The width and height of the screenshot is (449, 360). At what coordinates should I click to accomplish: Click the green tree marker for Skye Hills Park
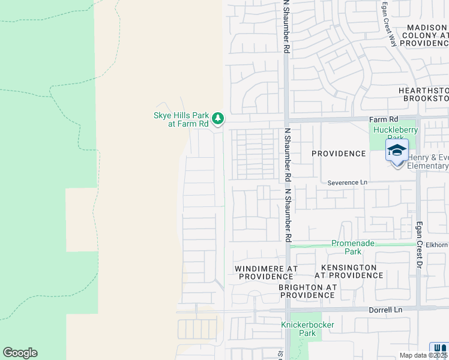(x=217, y=118)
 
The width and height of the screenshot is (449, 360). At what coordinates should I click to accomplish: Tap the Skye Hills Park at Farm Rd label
(x=180, y=119)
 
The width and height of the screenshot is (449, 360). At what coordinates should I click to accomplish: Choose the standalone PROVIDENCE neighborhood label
(x=339, y=154)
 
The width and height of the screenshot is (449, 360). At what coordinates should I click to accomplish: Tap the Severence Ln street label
(x=347, y=182)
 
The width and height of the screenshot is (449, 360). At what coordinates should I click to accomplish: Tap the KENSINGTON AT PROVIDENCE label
(x=349, y=271)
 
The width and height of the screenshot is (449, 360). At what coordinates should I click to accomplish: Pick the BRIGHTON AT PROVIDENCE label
(x=307, y=291)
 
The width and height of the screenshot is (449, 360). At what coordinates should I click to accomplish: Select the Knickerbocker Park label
(x=307, y=329)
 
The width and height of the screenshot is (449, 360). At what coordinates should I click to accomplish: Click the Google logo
(x=20, y=353)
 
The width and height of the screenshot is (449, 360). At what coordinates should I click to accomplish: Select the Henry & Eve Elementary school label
(x=427, y=161)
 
